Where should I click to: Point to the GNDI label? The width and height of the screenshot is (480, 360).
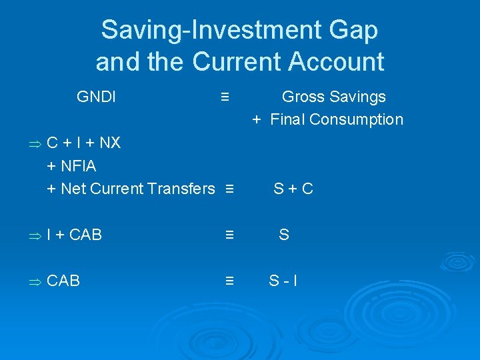click(x=97, y=97)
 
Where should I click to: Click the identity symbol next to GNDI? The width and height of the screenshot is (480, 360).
click(x=225, y=97)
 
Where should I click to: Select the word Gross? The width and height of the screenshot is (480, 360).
click(x=303, y=97)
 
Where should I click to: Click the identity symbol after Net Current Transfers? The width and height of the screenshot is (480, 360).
click(x=229, y=189)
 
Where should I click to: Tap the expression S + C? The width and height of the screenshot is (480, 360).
click(x=293, y=189)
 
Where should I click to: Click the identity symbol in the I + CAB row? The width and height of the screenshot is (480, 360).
click(x=229, y=235)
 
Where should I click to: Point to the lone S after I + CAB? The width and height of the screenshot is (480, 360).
click(x=284, y=235)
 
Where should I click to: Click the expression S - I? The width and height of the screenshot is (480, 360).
click(x=283, y=281)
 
